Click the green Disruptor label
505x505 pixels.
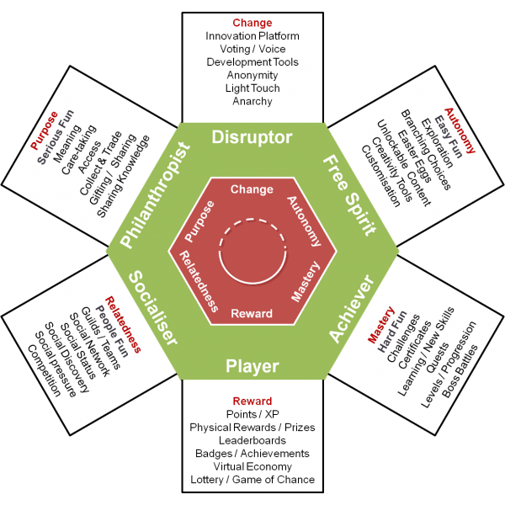coord(252,136)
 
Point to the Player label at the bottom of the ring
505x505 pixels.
coord(252,365)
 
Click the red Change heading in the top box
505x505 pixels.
coord(252,24)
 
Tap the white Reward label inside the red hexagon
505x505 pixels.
coord(252,314)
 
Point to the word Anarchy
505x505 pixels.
coord(252,101)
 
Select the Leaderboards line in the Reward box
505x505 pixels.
coord(252,440)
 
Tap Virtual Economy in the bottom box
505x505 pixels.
coord(252,466)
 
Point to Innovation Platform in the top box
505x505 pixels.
coord(252,36)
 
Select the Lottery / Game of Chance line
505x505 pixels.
coord(252,480)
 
